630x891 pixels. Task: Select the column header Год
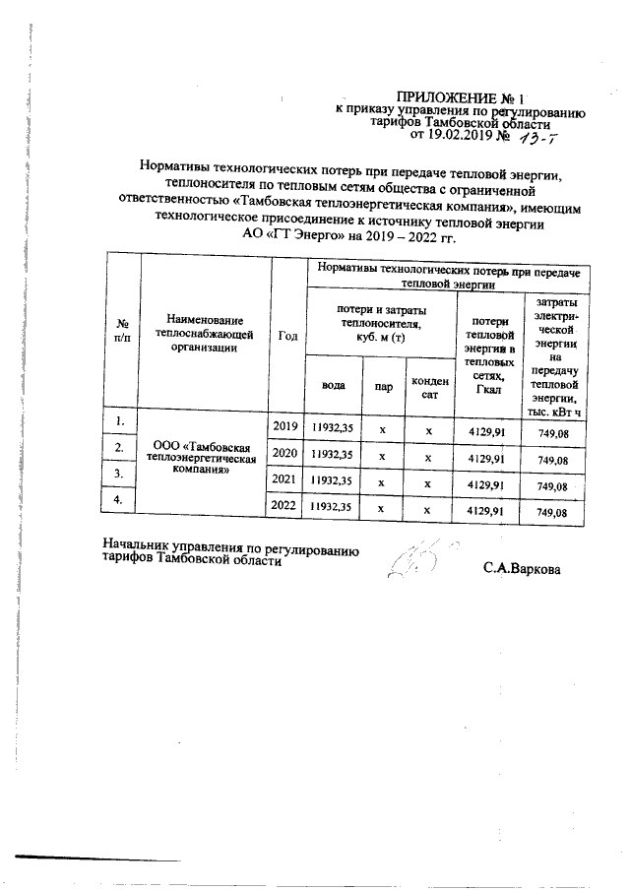287,336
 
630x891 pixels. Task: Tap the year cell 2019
284,427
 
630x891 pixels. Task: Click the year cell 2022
284,506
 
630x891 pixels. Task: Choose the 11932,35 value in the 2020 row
333,455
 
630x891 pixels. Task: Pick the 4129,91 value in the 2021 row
485,482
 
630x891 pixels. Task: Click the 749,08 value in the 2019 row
551,431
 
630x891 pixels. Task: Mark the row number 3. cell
121,474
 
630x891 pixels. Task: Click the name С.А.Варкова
522,568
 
